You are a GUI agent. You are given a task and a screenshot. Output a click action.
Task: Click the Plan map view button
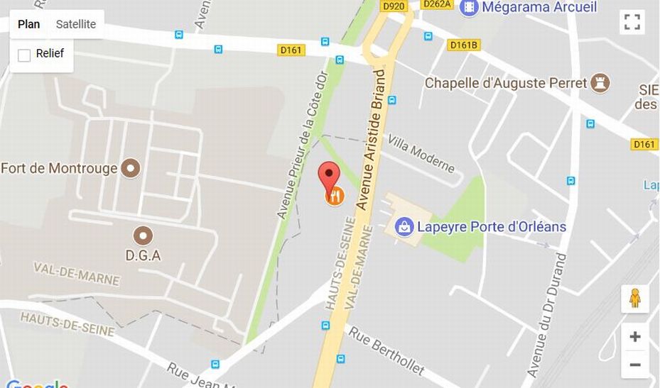coord(29,24)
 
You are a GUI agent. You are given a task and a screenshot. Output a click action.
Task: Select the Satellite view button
coord(76,24)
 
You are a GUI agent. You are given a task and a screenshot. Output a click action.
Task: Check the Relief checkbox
coord(24,55)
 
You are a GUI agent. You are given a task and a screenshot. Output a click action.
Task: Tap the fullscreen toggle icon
coord(632,22)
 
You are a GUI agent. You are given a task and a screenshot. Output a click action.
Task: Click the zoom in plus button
coord(635,337)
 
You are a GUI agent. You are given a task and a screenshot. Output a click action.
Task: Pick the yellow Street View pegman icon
coord(635,299)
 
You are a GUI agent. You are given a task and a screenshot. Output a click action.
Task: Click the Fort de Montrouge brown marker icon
coord(131,168)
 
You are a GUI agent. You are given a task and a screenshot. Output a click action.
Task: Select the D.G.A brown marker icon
coord(144,235)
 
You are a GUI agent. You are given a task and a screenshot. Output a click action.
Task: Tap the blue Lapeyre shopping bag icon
coord(404,227)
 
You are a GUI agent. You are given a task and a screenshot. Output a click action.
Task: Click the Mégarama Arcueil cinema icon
coord(469,8)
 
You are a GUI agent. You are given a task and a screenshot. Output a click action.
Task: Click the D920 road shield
coord(393,6)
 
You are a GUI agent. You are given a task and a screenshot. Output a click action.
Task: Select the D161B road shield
coord(465,45)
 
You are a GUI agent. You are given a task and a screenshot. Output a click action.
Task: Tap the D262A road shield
coord(436,4)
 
